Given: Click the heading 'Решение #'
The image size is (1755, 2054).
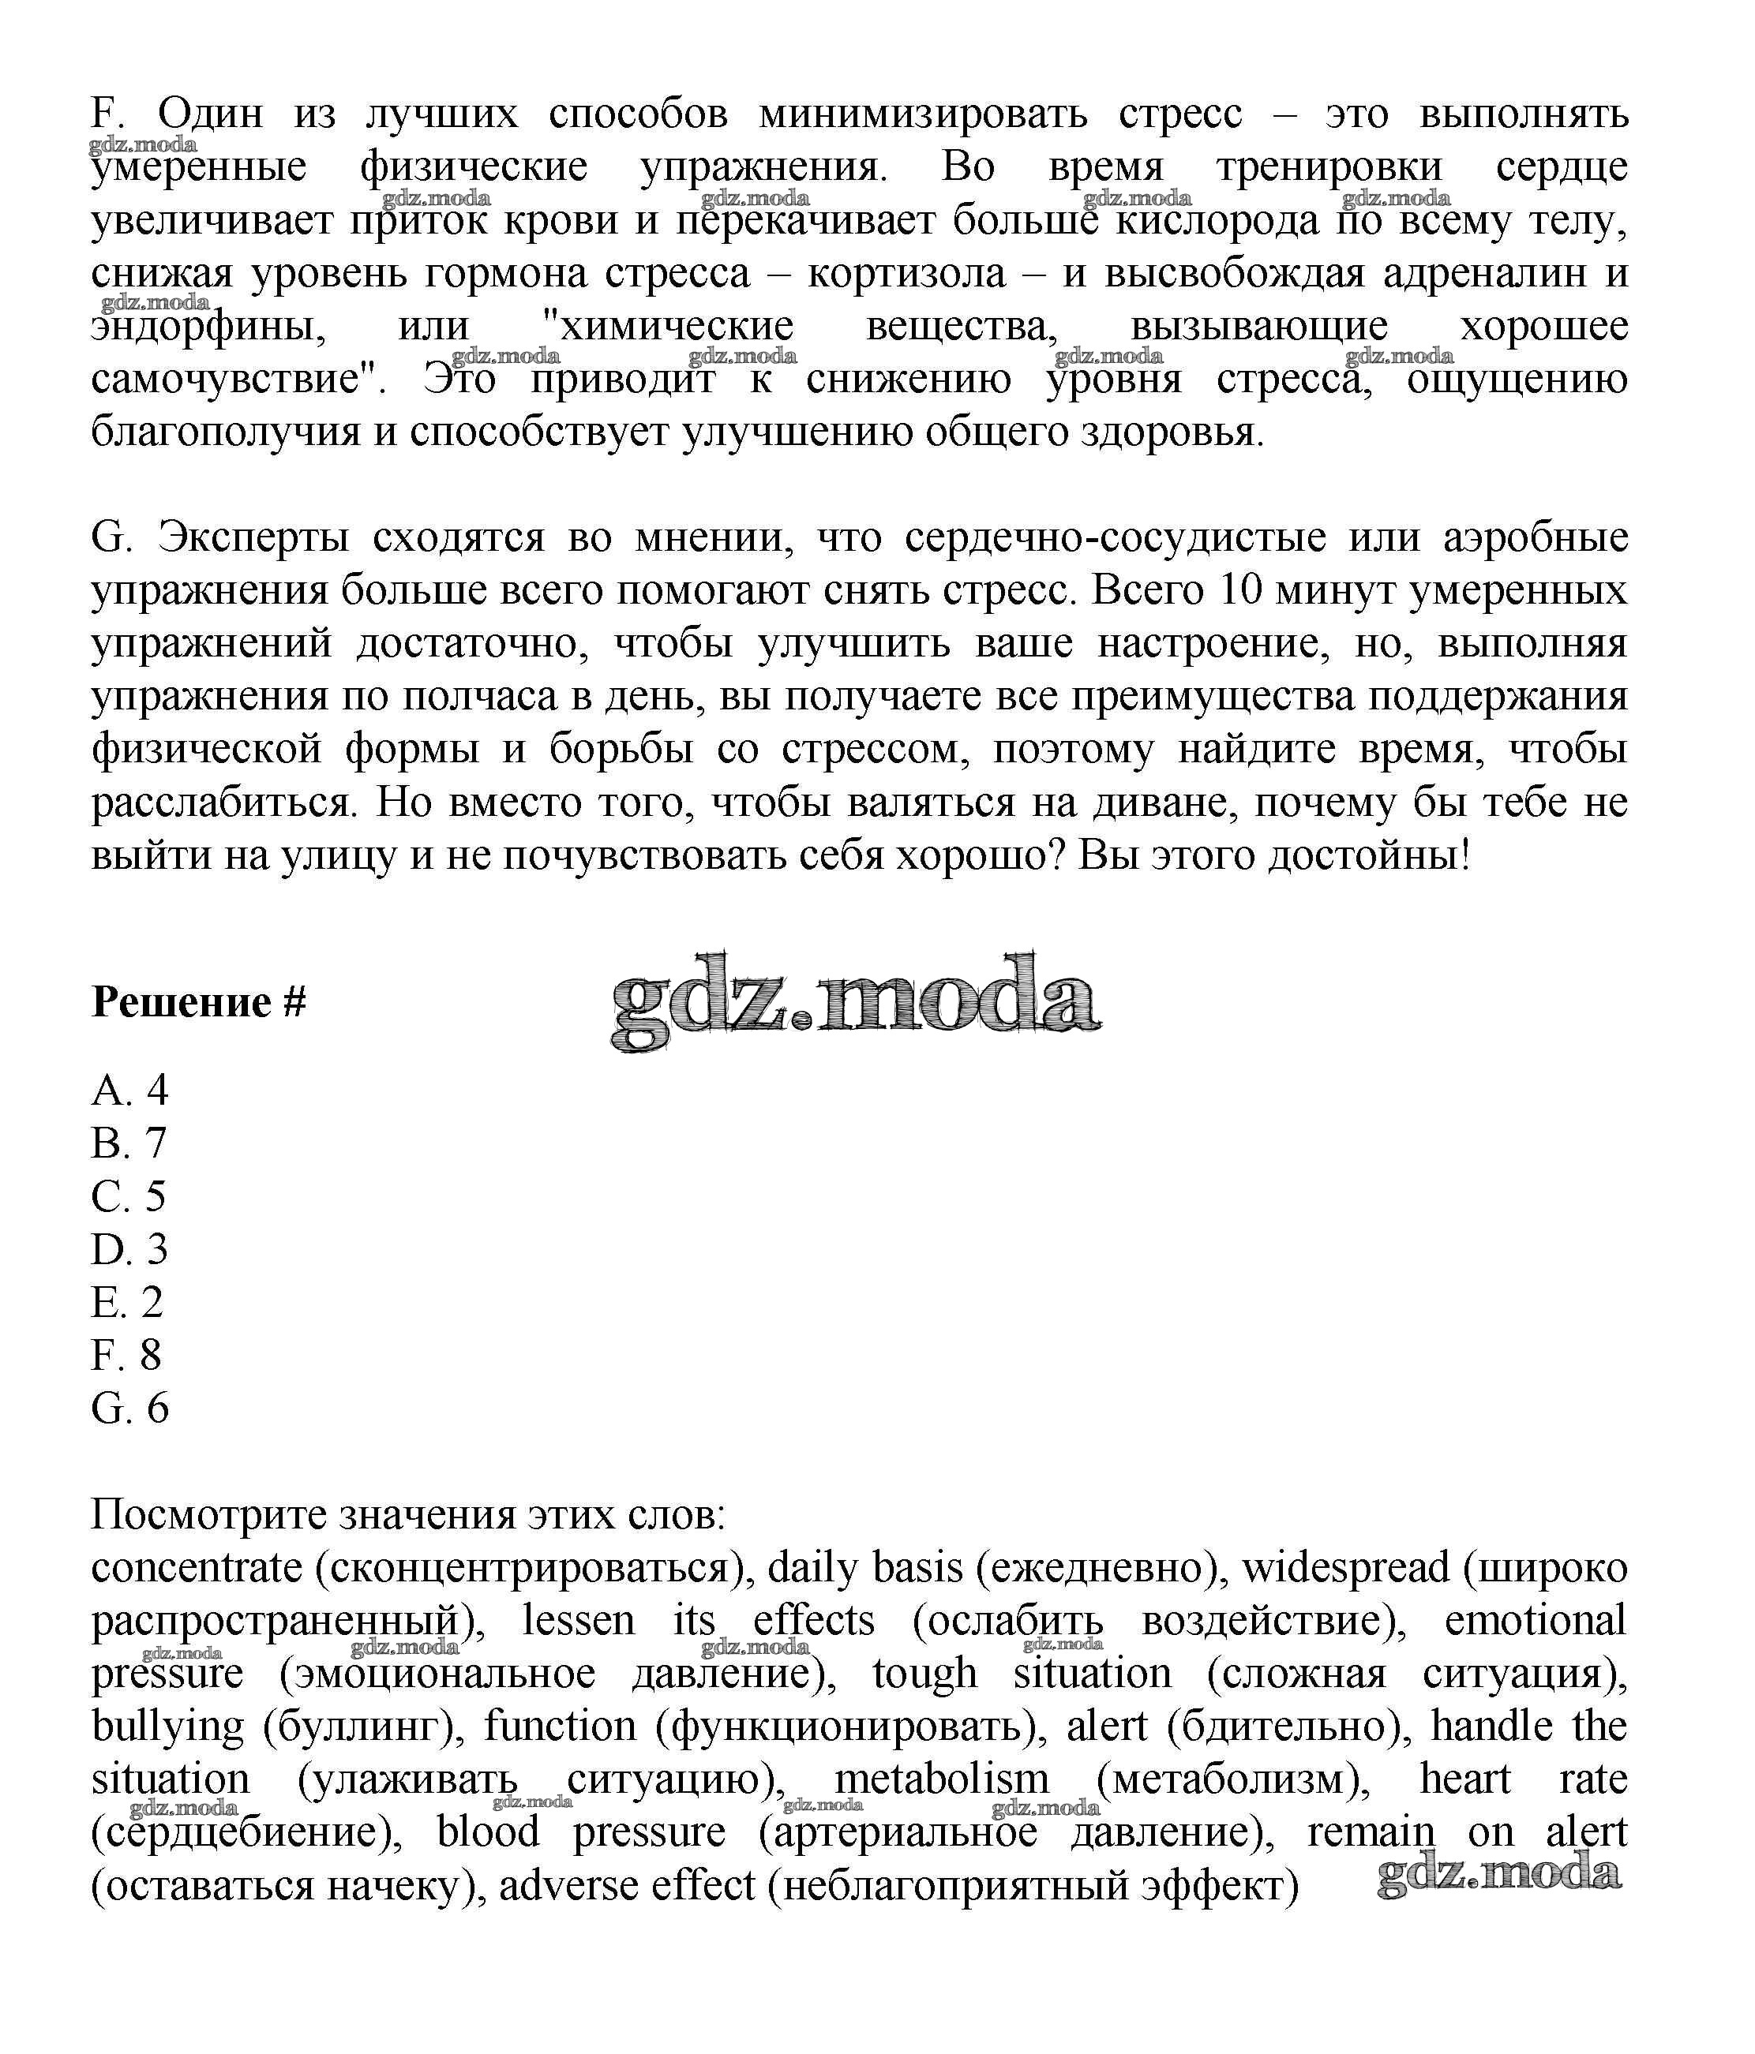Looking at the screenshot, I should click(x=198, y=1002).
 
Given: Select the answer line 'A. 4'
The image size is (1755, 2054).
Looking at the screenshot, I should click(x=130, y=1091).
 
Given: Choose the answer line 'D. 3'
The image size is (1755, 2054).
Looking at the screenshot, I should click(x=130, y=1249).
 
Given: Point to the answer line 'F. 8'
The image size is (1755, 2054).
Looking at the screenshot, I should click(x=126, y=1355).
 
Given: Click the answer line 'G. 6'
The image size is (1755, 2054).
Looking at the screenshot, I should click(x=130, y=1408).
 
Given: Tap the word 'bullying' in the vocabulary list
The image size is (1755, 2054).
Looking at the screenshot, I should click(x=167, y=1726).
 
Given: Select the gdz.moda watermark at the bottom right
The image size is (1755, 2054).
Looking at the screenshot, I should click(x=1498, y=1875).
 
